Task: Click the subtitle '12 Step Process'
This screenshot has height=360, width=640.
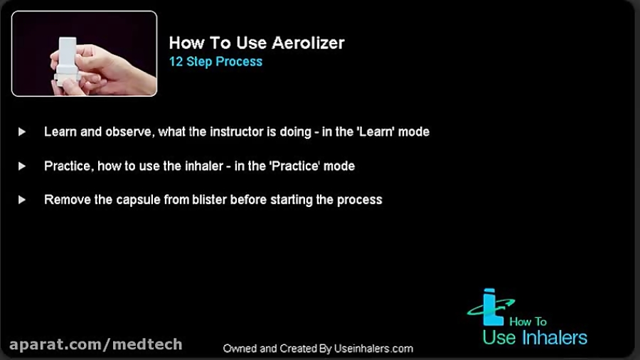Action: click(x=215, y=62)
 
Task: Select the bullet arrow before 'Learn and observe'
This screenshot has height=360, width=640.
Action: click(x=22, y=132)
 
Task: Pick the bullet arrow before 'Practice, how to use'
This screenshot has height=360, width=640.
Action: click(x=22, y=166)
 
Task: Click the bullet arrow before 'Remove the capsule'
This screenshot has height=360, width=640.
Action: click(x=22, y=200)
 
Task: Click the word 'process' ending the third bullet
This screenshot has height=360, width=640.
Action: click(x=360, y=200)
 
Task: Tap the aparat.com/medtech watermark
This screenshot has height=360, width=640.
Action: click(x=96, y=345)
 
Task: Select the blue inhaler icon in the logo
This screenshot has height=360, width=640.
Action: click(x=488, y=307)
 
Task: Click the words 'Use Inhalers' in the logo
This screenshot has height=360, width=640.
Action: click(x=535, y=337)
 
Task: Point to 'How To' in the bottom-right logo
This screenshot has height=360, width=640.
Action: click(x=528, y=322)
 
